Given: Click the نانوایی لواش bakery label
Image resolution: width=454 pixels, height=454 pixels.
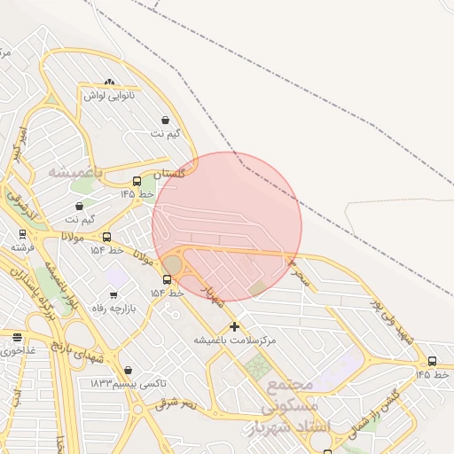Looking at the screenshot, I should (109, 94).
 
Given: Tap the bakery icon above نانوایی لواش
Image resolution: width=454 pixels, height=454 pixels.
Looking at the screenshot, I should (109, 82).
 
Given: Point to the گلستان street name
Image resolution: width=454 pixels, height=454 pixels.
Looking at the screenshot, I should (169, 174).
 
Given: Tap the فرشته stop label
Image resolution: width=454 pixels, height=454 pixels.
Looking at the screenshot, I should (23, 247).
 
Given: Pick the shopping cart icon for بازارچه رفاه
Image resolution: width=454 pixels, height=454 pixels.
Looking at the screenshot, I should (113, 295).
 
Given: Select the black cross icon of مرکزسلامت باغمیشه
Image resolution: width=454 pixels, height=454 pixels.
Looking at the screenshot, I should (234, 326).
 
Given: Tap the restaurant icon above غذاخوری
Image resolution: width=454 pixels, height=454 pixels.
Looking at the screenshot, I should (18, 337).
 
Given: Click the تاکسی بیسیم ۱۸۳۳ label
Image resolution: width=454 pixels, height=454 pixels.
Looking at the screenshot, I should (128, 383).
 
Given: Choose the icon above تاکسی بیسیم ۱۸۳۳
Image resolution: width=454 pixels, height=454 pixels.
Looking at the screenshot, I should (128, 371).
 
